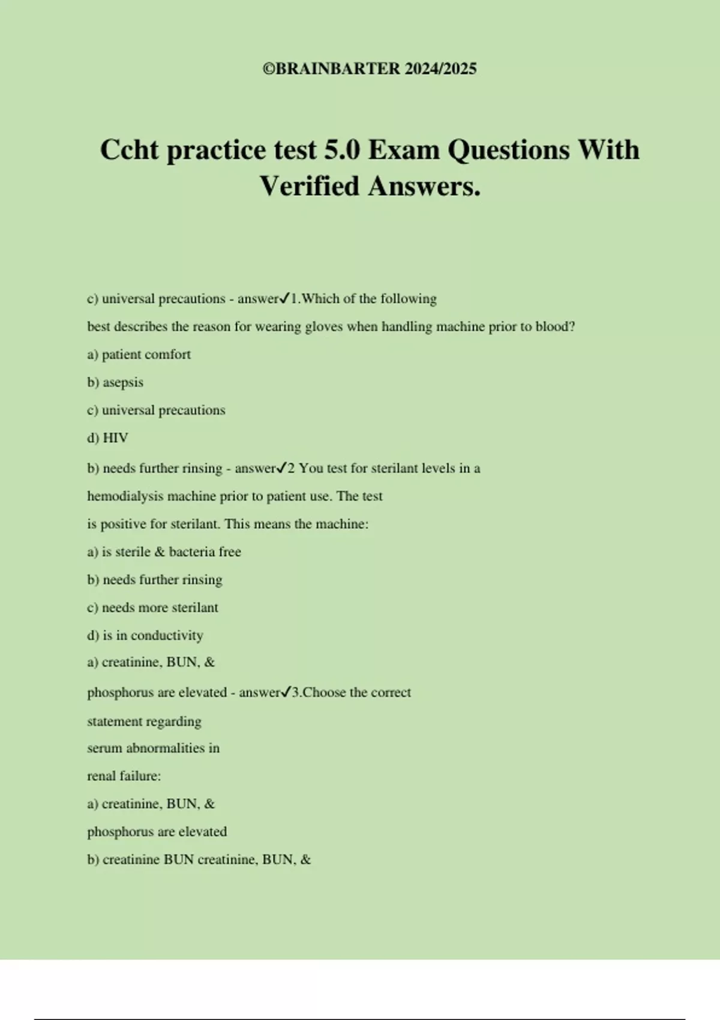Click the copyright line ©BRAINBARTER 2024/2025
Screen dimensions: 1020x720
370,69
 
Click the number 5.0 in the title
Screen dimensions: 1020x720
342,150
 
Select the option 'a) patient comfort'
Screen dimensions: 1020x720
139,355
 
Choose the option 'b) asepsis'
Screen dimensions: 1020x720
115,382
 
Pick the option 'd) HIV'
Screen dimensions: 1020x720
108,438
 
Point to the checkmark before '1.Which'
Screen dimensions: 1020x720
285,298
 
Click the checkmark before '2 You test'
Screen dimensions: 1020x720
281,468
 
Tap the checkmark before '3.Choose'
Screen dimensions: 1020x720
286,692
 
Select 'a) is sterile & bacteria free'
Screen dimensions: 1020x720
164,552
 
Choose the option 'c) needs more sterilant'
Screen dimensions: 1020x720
152,608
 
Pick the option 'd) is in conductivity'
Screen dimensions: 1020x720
145,635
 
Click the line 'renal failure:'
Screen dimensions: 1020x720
124,776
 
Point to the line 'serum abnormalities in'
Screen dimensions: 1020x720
153,748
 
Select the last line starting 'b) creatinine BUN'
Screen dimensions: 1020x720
199,860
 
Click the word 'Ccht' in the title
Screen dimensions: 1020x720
129,150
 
